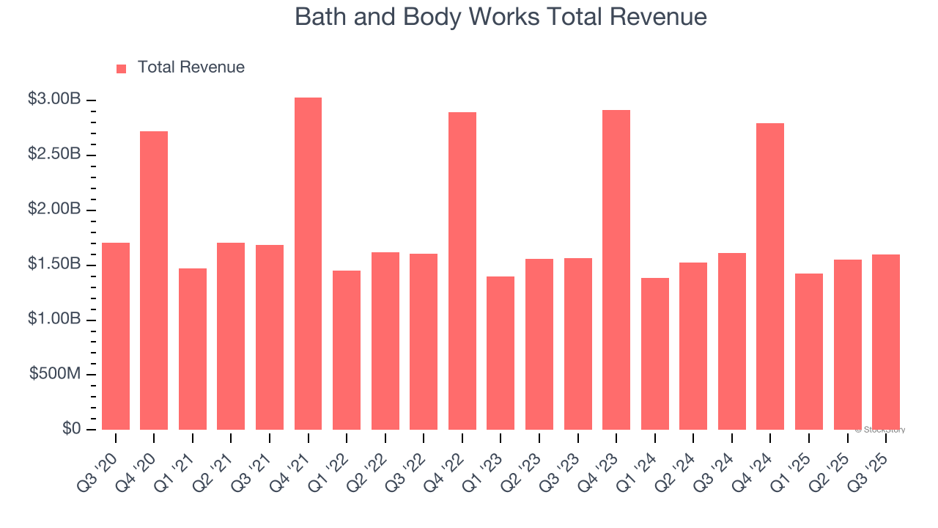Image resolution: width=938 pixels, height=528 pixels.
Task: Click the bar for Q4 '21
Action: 308,264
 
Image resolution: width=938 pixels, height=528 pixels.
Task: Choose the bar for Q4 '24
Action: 770,276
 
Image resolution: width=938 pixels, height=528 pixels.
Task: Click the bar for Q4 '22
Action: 462,271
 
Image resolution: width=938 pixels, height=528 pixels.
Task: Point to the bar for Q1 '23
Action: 501,353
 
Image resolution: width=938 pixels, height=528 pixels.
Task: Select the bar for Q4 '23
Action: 616,270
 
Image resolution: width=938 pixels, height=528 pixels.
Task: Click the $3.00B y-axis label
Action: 54,99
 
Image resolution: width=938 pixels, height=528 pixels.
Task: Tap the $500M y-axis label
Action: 55,374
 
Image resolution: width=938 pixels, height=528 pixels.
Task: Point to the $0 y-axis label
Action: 71,429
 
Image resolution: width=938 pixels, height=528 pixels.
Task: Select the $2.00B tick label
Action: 54,209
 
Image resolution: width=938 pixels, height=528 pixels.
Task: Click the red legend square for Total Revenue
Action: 122,68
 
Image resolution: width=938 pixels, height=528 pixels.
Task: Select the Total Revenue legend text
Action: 191,67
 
